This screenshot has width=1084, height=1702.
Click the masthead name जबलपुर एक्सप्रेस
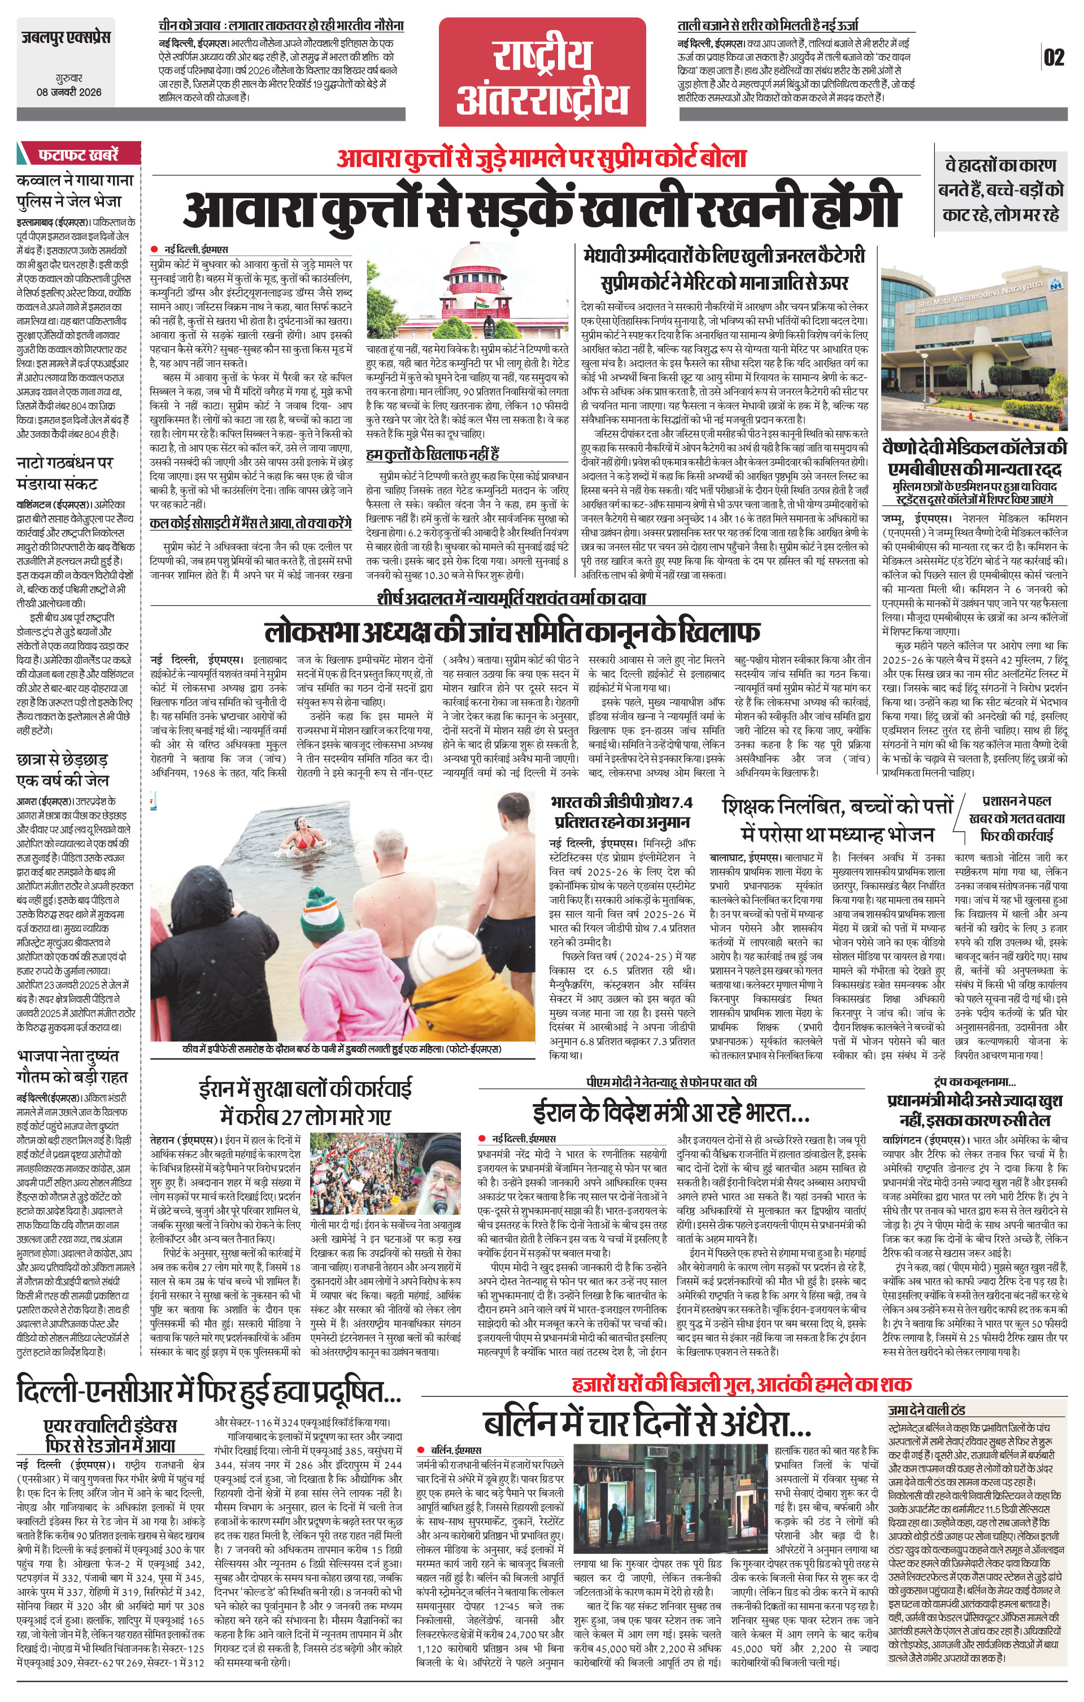(65, 36)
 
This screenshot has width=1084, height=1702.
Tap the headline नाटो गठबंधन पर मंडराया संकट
(65, 474)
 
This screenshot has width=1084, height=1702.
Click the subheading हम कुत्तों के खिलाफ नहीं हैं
(433, 454)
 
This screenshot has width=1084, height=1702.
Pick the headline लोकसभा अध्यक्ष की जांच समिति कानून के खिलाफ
(512, 629)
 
